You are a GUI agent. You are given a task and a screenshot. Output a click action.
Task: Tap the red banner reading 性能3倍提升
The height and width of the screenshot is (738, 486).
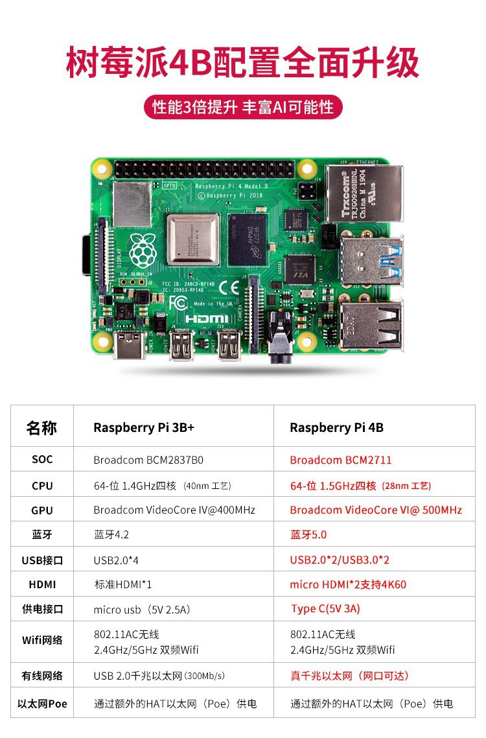[x=242, y=107]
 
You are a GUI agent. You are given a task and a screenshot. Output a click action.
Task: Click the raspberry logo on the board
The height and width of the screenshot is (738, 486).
[x=142, y=249]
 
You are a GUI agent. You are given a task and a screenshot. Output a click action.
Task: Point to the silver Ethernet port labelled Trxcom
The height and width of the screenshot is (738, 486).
[x=363, y=193]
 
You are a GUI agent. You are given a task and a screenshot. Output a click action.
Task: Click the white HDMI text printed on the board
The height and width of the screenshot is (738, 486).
[x=207, y=319]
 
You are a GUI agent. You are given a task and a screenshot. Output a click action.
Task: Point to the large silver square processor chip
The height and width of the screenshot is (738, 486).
[x=192, y=240]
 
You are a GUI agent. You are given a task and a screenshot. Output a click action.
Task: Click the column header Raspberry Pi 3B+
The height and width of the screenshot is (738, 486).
[x=143, y=427]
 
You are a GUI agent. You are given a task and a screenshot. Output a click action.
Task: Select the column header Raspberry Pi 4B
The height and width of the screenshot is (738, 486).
[x=336, y=427]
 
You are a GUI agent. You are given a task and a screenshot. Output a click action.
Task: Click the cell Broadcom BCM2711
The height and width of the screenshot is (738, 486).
[x=341, y=460]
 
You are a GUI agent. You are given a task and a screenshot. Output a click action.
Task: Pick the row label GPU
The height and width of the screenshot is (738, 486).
[x=42, y=510]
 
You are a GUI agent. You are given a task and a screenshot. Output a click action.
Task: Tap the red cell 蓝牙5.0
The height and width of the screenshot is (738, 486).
[x=308, y=535]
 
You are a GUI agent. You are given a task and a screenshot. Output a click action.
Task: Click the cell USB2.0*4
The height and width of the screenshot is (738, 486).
[x=117, y=560]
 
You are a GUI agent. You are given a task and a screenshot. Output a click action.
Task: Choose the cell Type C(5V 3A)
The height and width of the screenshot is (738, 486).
[x=325, y=609]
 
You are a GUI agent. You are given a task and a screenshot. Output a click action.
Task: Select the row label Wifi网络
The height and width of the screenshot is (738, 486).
[x=42, y=640]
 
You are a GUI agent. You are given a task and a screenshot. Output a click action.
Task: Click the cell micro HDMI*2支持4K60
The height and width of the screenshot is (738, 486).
[x=348, y=584]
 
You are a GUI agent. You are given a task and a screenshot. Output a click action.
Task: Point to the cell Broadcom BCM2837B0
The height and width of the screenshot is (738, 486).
[x=148, y=460]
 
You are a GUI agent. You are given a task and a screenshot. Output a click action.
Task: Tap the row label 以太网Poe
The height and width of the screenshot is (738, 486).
[x=42, y=704]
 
